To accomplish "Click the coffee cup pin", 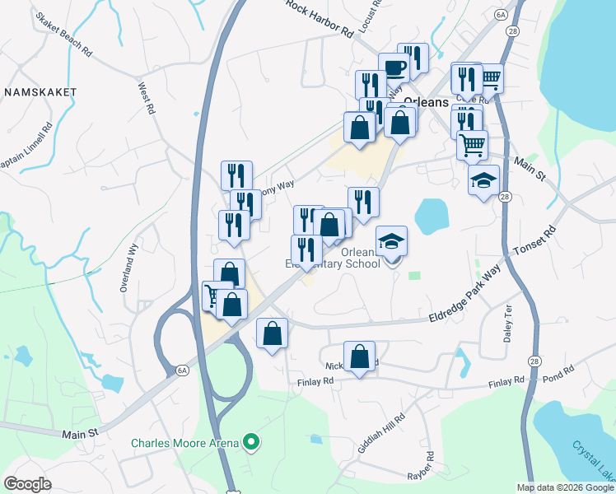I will tap(394, 68).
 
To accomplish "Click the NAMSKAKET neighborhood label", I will tap(40, 92).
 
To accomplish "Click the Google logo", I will tap(28, 485).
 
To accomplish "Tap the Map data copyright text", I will tap(564, 487).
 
